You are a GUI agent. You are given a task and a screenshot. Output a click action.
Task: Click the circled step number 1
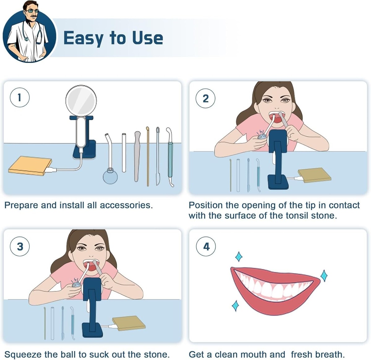[20, 97]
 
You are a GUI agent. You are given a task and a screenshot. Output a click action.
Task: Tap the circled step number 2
[206, 99]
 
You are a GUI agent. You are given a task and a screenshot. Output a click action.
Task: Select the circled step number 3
[20, 246]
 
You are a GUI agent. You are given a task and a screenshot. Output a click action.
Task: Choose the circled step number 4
[206, 246]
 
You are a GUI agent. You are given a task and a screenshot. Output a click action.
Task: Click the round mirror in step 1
[81, 101]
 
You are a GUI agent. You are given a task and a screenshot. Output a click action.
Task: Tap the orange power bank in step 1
[30, 166]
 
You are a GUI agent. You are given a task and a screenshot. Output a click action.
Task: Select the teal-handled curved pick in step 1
[170, 157]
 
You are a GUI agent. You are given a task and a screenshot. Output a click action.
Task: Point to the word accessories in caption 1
[126, 205]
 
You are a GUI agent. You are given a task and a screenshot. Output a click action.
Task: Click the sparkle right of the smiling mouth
[324, 276]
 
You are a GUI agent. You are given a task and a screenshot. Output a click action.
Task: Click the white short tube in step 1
[124, 153]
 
